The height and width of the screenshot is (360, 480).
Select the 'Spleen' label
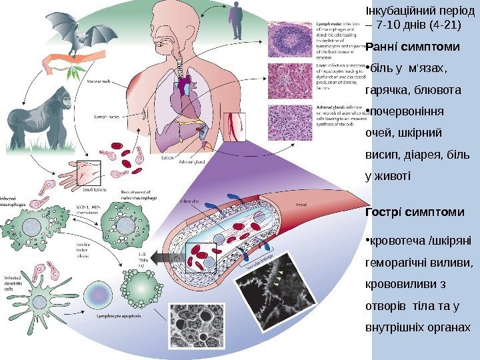(x=169, y=157)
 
